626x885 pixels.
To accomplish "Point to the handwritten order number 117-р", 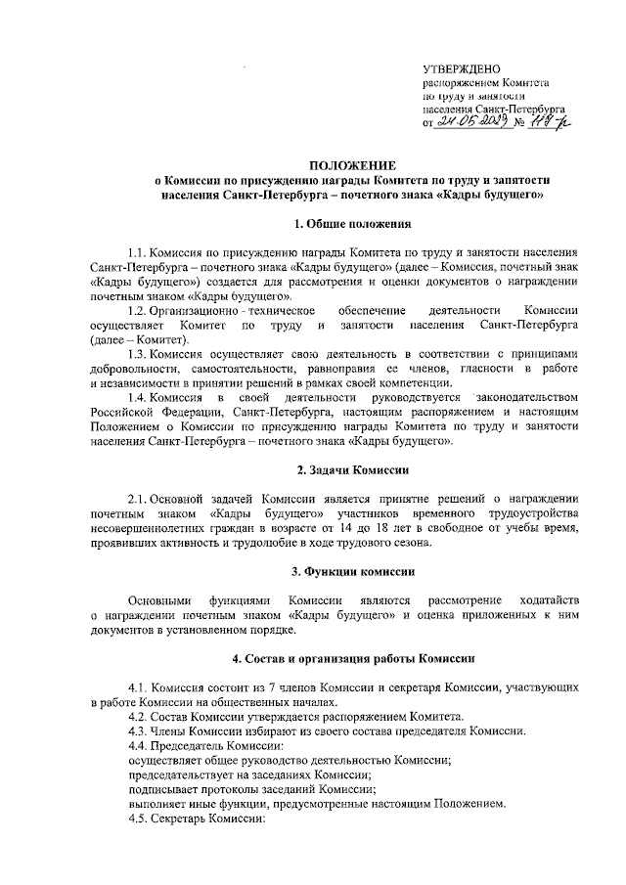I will (551, 122).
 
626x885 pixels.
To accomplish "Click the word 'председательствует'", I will (184, 774).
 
